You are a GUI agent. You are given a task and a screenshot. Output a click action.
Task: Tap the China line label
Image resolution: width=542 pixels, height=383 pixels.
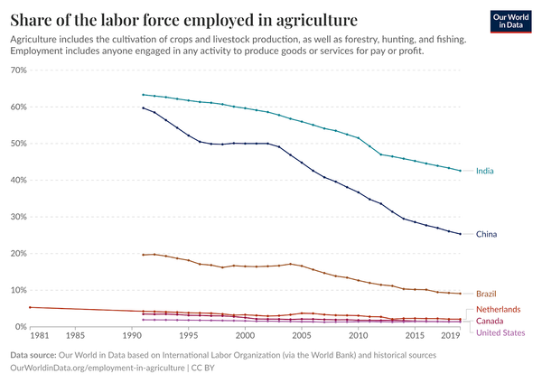(488, 234)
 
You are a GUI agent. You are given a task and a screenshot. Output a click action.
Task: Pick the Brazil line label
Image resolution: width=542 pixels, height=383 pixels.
(488, 294)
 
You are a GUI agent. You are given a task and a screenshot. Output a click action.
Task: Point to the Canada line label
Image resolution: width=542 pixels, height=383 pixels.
(492, 321)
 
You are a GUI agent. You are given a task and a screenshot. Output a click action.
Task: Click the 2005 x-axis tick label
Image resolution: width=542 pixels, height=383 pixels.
(302, 335)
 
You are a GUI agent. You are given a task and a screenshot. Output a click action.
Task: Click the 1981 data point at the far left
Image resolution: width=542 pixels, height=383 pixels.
(31, 307)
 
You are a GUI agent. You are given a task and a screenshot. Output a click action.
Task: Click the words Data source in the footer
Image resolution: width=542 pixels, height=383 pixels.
(38, 355)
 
